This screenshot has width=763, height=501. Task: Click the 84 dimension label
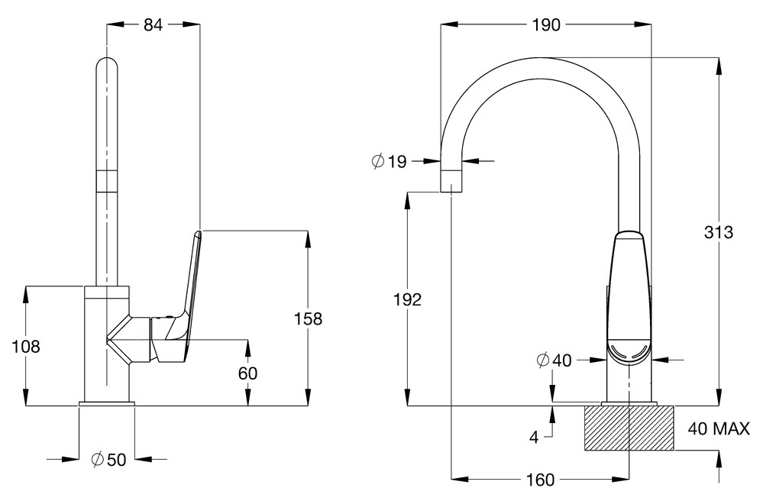153,24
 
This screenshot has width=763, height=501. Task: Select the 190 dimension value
545,24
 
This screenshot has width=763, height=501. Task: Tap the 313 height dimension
719,233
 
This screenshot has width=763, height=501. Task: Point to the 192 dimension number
408,299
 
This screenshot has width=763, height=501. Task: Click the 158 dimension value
309,318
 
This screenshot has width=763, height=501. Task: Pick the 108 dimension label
26,346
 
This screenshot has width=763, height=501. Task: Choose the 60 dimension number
247,373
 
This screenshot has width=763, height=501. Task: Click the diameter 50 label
107,459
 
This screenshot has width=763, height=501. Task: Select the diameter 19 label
389,161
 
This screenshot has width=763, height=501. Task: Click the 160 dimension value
539,480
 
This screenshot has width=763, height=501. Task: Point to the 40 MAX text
719,428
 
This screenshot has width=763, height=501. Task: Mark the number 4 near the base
534,437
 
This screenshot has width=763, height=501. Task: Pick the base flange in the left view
107,402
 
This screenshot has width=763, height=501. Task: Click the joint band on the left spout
107,180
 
